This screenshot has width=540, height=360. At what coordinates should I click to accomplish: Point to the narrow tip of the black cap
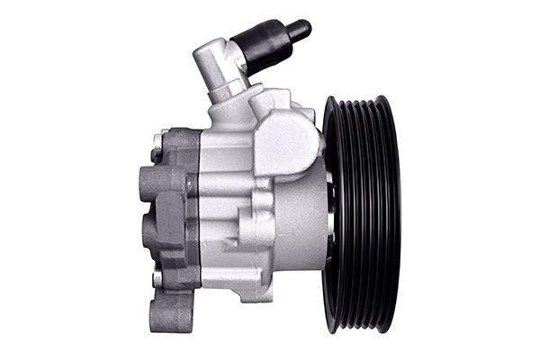(x=301, y=28)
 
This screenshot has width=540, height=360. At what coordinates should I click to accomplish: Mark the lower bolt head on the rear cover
(x=158, y=278)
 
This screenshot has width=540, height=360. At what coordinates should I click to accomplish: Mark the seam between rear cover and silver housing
(x=197, y=216)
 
